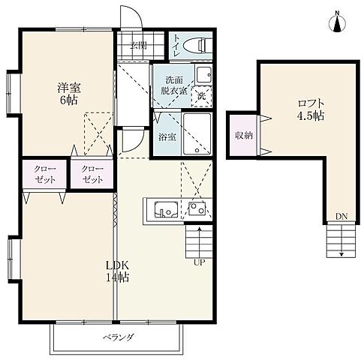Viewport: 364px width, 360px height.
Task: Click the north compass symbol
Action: (337, 22)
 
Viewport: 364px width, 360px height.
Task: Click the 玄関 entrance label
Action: (138, 46)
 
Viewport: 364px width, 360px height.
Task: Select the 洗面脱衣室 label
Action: (174, 85)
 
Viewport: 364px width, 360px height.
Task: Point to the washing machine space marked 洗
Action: (201, 96)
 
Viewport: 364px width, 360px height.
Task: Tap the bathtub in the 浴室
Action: (197, 134)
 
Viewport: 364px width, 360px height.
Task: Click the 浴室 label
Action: (167, 137)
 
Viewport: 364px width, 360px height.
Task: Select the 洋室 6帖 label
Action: (68, 94)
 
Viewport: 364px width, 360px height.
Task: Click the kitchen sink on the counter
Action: (166, 209)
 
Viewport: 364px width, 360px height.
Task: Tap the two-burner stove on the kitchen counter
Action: (197, 208)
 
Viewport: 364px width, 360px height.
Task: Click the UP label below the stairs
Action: (199, 262)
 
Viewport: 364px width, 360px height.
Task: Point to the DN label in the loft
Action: (341, 217)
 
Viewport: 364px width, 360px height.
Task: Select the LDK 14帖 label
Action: (118, 271)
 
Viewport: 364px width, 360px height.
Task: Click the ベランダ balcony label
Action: (118, 337)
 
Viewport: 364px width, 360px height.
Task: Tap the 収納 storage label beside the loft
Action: (243, 135)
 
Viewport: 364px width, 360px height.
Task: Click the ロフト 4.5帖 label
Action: (311, 109)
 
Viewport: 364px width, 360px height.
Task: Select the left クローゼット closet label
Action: (45, 175)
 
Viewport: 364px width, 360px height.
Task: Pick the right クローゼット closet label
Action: (92, 175)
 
